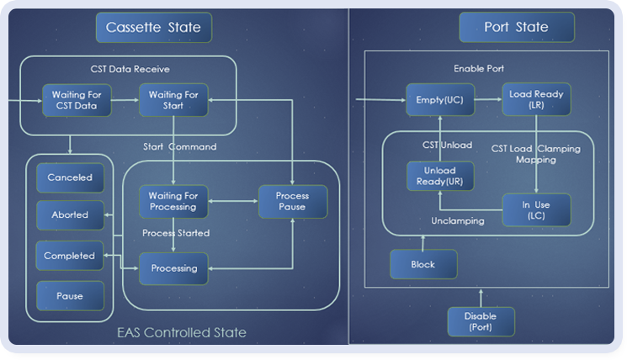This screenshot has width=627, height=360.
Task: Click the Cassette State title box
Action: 154,28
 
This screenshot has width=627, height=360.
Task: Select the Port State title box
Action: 517,27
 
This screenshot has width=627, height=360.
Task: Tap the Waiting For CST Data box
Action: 77,100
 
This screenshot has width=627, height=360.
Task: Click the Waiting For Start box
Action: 173,100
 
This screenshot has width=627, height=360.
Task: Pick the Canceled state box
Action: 70,177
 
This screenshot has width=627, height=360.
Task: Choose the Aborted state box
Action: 70,215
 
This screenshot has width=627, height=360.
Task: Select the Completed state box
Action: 70,256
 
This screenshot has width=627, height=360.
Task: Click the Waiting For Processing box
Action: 173,201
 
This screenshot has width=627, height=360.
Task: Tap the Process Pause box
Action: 293,201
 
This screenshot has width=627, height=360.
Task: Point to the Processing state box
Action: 173,268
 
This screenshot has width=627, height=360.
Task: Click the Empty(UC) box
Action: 440,100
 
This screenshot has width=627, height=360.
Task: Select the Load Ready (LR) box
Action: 536,99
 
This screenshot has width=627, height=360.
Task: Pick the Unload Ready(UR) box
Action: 440,176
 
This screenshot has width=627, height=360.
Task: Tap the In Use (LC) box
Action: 536,210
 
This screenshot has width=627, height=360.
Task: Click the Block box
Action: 423,264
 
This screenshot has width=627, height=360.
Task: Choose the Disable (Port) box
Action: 481,321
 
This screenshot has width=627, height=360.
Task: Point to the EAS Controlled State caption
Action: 182,332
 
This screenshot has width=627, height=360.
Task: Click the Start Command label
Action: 180,146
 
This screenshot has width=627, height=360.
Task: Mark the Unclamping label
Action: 458,221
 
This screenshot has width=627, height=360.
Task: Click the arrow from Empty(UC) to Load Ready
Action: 488,99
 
